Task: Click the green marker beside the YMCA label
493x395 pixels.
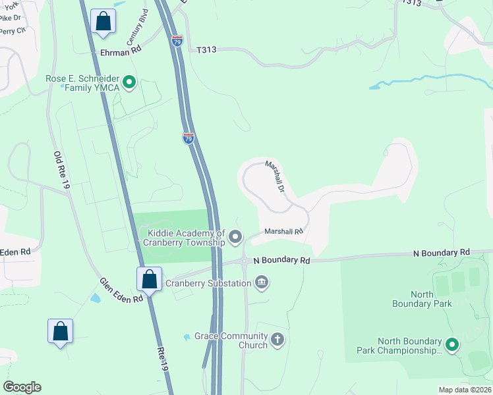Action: click(130, 83)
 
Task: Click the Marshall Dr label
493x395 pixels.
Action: click(275, 176)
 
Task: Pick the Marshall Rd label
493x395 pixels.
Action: click(283, 231)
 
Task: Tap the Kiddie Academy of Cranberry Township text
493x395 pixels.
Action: click(187, 238)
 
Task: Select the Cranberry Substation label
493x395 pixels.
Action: click(208, 284)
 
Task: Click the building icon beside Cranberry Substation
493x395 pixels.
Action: click(262, 283)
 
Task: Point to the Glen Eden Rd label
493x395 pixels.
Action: click(121, 290)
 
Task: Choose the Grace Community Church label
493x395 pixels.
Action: click(231, 340)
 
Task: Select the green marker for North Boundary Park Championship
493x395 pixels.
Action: click(452, 344)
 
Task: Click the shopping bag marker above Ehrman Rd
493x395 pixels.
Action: click(103, 22)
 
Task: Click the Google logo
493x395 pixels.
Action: click(22, 387)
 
